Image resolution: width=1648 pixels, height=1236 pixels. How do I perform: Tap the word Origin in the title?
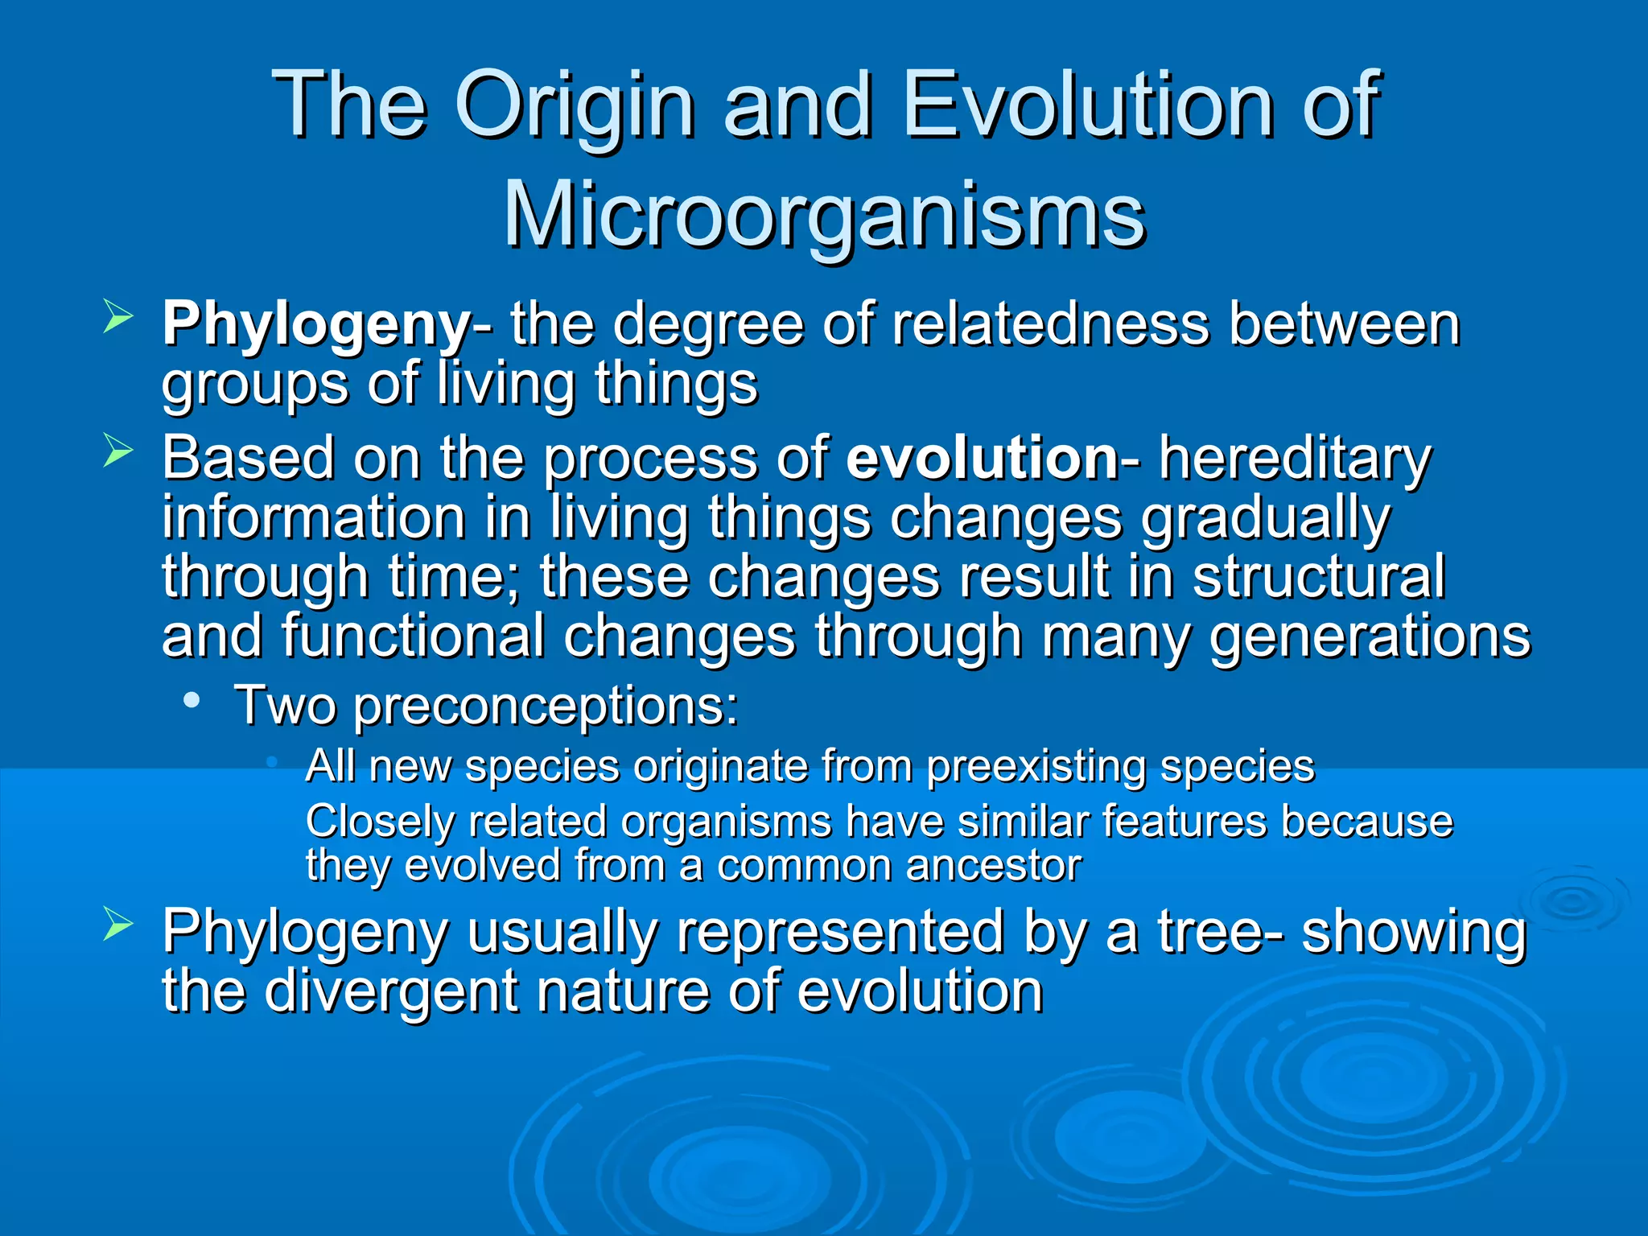click(575, 105)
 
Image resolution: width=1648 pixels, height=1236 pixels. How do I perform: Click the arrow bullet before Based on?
click(117, 452)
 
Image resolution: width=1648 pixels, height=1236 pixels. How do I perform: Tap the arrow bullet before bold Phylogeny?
click(117, 319)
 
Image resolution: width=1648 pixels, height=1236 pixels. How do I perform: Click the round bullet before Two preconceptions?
click(192, 700)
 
